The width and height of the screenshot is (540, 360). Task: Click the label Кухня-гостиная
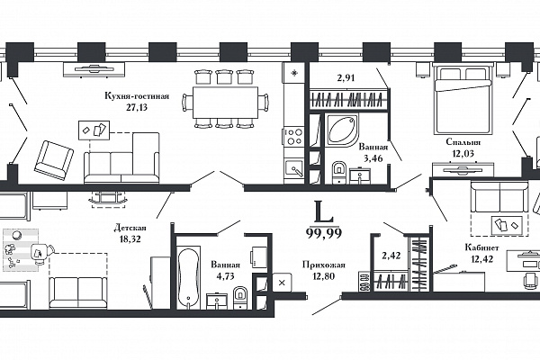pos(137,96)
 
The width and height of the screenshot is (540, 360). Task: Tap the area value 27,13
pos(137,107)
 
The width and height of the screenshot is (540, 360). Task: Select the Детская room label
pos(130,228)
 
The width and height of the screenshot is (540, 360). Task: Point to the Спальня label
pos(463,142)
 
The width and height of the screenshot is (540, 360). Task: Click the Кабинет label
pos(481,247)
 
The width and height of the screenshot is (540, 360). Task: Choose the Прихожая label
pos(324,265)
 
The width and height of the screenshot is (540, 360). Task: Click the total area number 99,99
pos(324,234)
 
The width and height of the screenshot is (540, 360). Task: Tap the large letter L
pos(324,211)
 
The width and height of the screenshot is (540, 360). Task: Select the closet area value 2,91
pos(346,78)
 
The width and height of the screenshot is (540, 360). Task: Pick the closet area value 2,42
pos(391,256)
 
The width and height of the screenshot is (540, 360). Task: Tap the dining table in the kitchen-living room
pos(225,103)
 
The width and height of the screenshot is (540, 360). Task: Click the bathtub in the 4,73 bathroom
pos(189,276)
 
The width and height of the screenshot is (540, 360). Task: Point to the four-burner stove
pos(294,136)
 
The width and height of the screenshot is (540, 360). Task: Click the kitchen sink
pos(293,169)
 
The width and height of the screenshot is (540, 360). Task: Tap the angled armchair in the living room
pos(54,159)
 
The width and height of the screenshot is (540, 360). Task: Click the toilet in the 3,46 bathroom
pos(339,171)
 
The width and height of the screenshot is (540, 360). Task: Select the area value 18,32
pos(130,238)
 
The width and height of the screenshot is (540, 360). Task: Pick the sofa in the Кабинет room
pos(499,197)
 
